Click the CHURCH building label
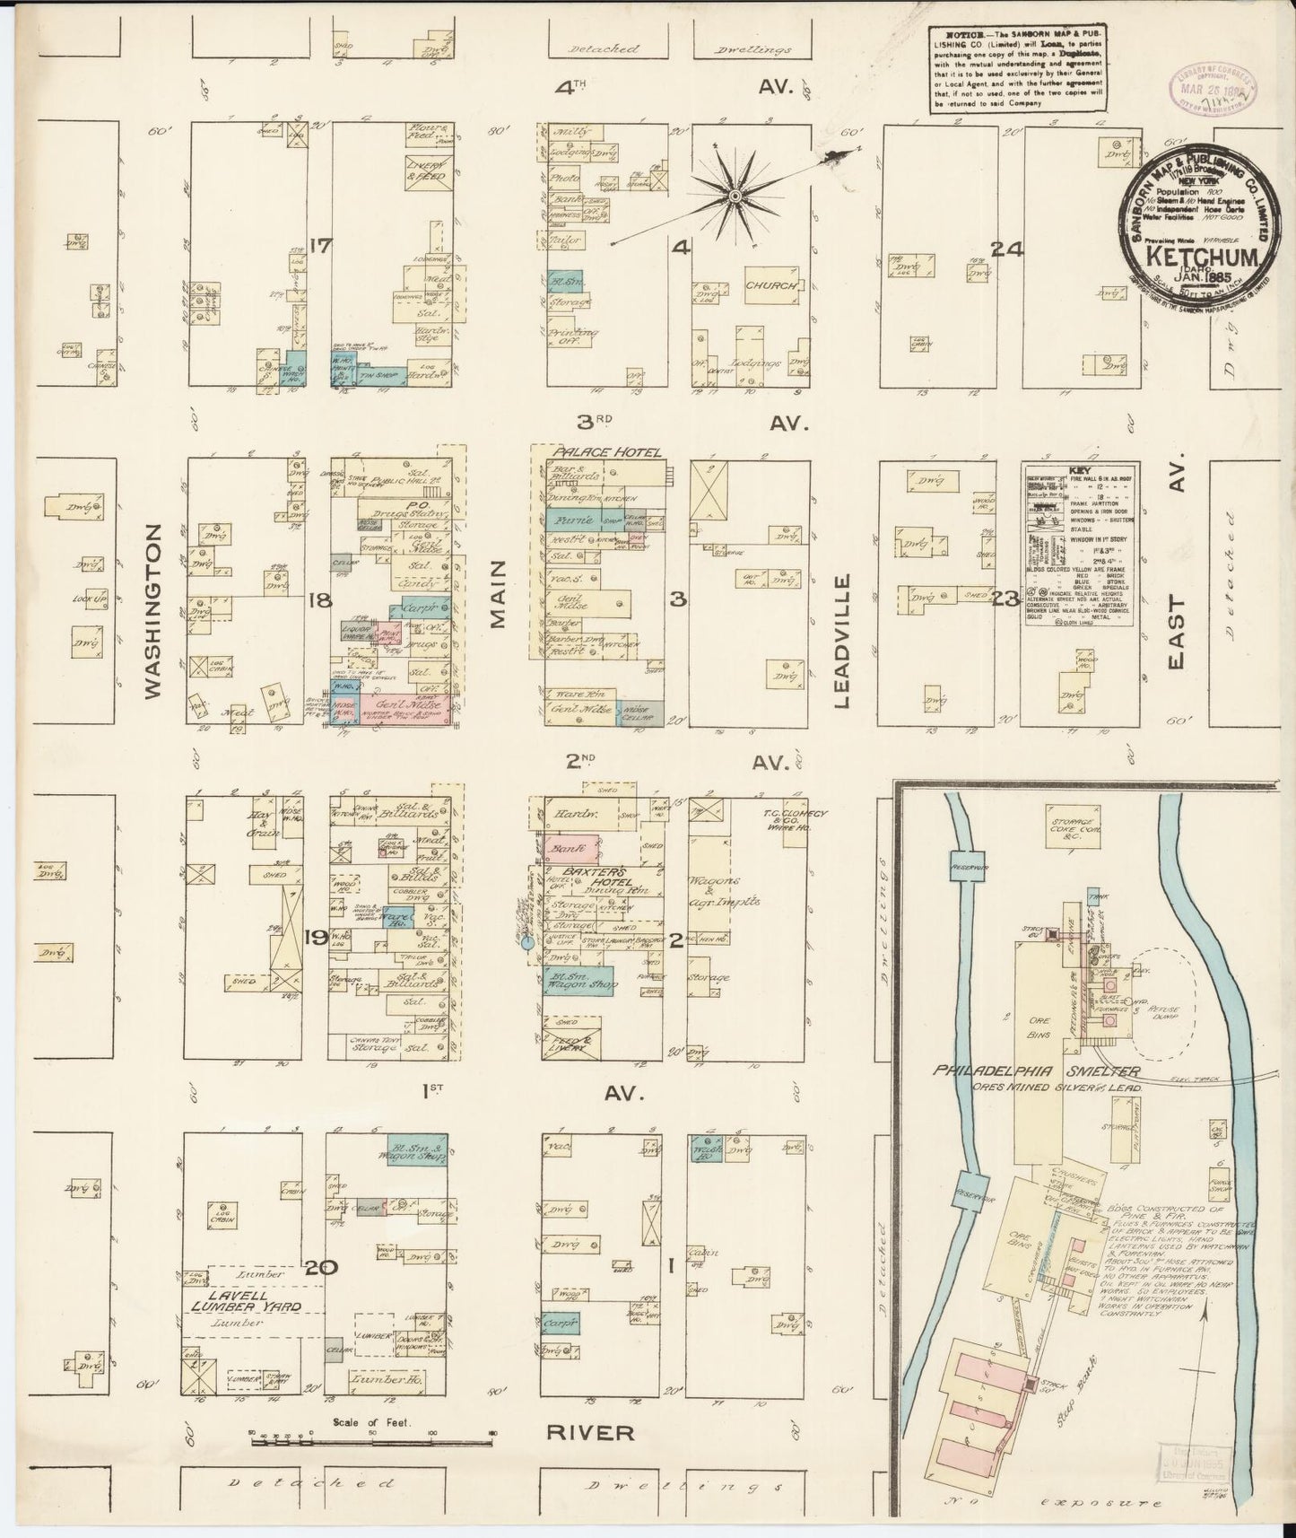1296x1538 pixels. (x=770, y=285)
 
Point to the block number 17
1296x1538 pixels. (x=319, y=246)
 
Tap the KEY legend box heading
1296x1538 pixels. (x=1078, y=470)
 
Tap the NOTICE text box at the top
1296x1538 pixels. (x=1015, y=67)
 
